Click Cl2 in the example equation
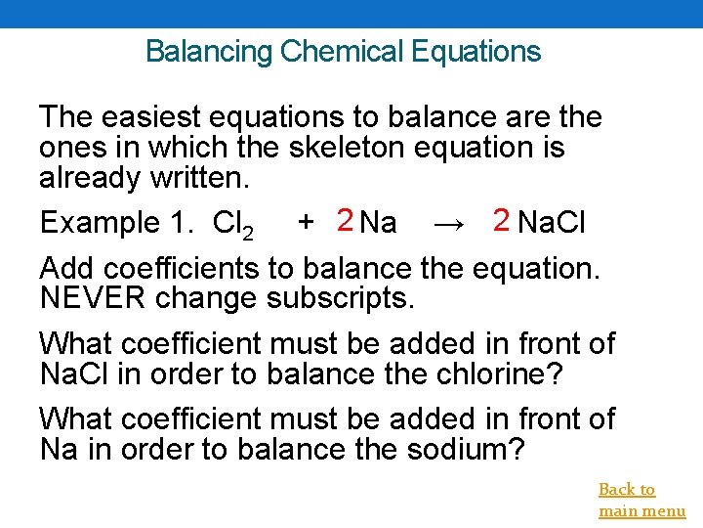click(234, 225)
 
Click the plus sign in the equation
click(306, 223)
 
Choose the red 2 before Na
click(344, 221)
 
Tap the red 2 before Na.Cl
click(502, 221)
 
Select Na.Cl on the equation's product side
click(552, 223)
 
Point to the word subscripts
click(341, 298)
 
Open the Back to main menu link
click(641, 500)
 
